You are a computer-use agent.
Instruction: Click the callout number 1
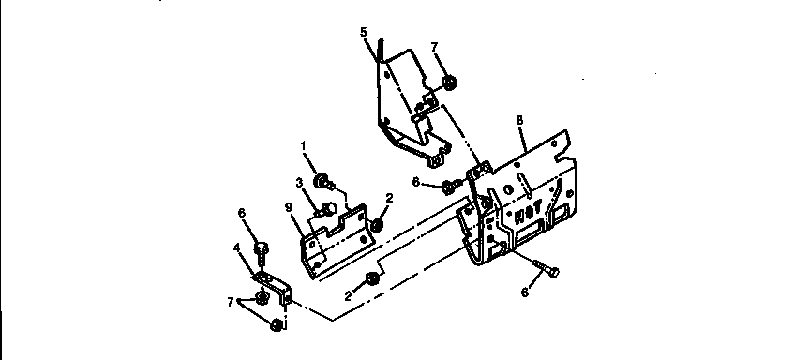click(303, 145)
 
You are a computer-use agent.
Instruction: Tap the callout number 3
click(299, 182)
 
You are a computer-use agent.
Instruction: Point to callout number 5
click(364, 31)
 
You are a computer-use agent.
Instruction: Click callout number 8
click(518, 120)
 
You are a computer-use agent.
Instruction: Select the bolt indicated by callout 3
click(329, 208)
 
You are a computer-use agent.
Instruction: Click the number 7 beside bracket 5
click(434, 46)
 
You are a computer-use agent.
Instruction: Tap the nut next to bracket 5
click(450, 83)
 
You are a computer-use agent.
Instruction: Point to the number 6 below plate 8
click(524, 293)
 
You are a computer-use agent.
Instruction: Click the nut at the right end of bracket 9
click(379, 225)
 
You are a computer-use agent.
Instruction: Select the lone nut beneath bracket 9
click(372, 277)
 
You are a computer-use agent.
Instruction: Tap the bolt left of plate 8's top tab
click(451, 185)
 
